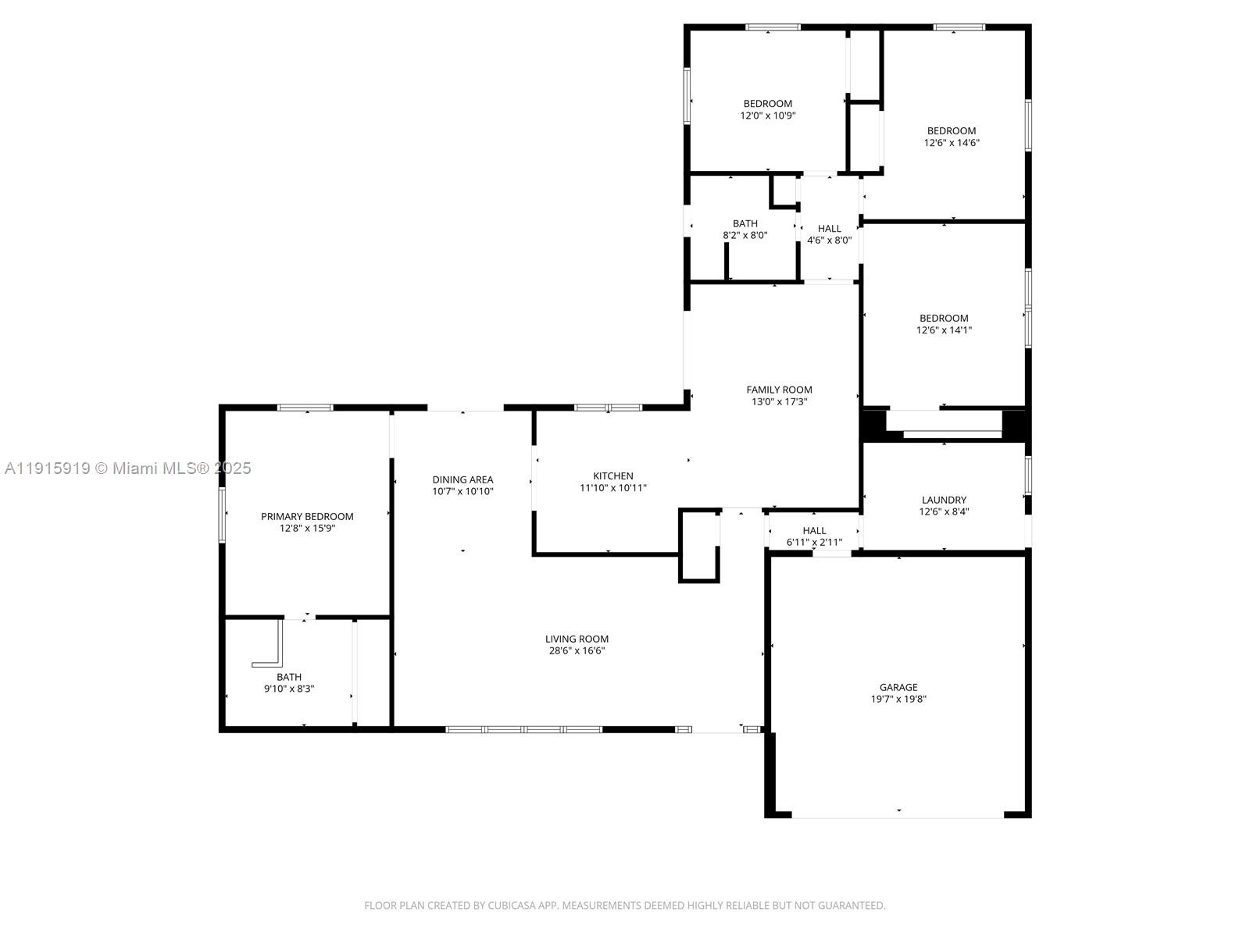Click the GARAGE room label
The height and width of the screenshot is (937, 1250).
898,687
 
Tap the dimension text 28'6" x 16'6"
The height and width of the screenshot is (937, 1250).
577,650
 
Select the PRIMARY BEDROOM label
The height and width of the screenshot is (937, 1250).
307,516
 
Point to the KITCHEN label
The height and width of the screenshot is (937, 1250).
613,476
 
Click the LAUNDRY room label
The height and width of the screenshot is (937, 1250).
944,500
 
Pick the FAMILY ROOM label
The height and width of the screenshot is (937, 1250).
779,390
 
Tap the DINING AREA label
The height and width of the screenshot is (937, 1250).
462,479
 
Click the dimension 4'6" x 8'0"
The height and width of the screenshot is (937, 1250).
829,240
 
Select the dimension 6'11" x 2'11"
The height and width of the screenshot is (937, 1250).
814,542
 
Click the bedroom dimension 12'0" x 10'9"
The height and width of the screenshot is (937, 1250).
768,116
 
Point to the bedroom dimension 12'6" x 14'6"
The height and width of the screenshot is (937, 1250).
952,143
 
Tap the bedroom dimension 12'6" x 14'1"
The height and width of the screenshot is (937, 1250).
944,330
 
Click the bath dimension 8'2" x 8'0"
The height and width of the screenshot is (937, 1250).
745,235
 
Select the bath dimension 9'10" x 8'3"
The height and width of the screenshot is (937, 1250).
289,689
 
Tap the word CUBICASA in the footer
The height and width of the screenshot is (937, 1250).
512,906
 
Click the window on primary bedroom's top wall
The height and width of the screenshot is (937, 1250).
305,408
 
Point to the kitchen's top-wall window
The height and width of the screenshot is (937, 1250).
608,408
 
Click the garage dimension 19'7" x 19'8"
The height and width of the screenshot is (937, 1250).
898,700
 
